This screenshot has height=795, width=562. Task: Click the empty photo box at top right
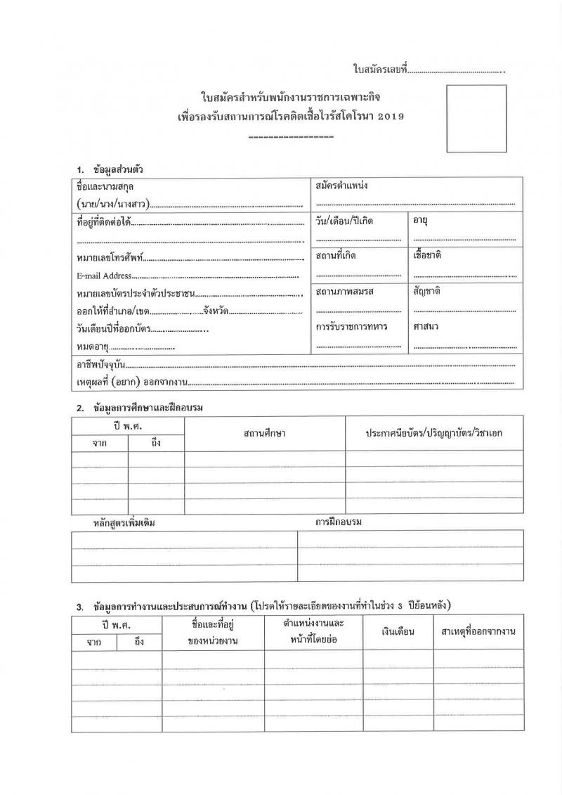476,118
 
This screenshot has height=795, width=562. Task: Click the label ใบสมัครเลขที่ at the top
379,70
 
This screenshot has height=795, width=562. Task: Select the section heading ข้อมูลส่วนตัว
119,169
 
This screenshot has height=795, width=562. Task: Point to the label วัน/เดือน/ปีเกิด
344,221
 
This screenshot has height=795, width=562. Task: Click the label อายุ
421,221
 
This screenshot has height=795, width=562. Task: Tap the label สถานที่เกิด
336,256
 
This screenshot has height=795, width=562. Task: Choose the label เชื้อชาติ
427,255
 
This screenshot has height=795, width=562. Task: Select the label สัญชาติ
426,291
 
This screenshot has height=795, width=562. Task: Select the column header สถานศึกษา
264,433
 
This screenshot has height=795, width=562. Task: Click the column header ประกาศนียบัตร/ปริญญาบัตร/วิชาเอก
433,433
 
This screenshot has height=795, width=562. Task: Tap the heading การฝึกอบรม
343,522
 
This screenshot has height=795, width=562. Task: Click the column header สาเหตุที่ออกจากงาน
478,631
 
